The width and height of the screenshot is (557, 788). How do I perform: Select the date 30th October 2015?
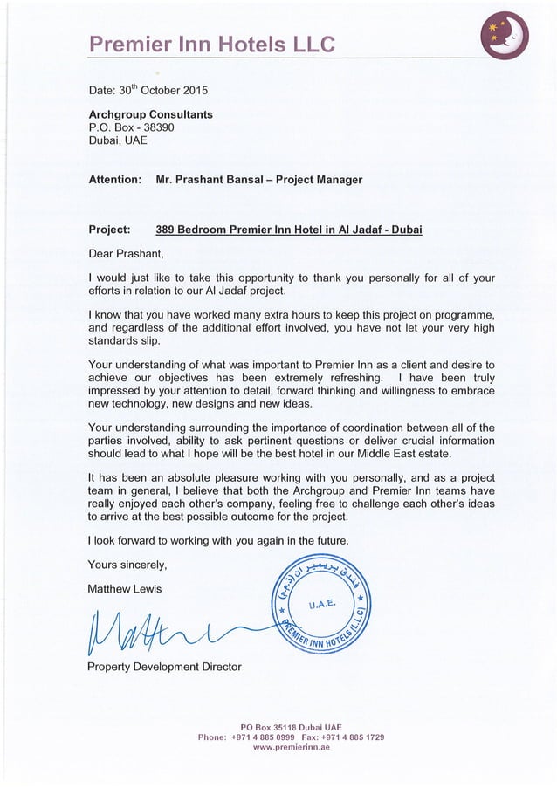148,90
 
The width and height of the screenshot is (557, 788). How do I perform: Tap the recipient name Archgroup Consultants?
150,114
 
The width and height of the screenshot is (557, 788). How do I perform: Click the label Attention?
115,180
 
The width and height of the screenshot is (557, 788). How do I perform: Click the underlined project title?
288,230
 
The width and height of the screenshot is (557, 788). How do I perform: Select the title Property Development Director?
165,668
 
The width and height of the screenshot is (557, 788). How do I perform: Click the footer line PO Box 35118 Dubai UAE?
291,726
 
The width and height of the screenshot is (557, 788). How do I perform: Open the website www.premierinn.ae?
291,748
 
